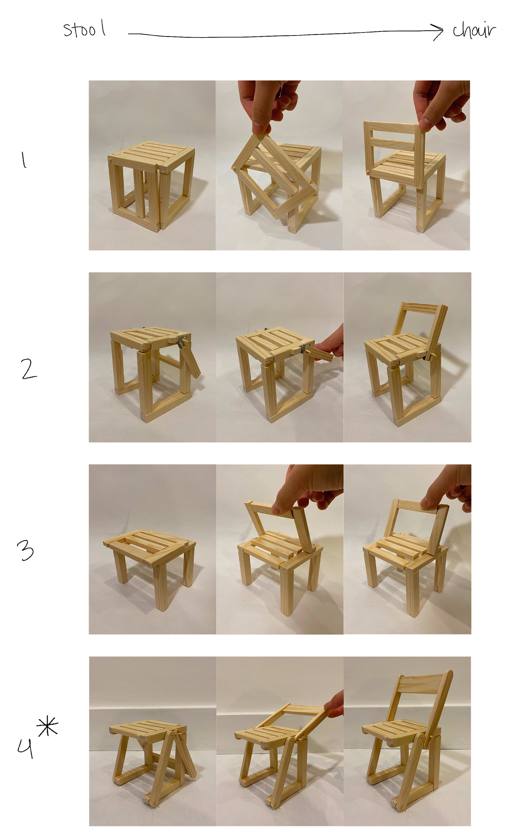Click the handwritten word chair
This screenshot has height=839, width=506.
click(x=474, y=31)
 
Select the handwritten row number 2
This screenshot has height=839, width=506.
click(x=29, y=369)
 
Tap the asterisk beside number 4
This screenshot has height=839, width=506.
click(x=47, y=727)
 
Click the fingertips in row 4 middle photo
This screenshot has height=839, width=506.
click(x=334, y=705)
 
